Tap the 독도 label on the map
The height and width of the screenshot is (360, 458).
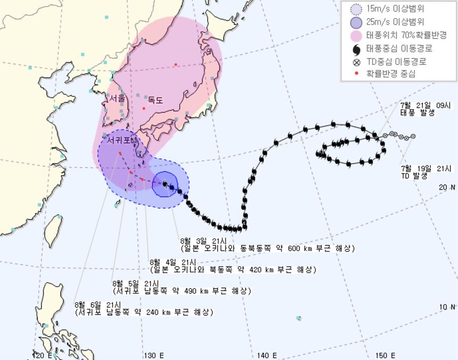[155, 99]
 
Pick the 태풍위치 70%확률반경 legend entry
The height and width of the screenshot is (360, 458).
[405, 35]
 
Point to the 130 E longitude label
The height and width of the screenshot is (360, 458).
[154, 355]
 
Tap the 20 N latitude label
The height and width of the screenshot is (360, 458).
[448, 187]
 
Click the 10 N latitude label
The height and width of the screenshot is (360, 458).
[448, 307]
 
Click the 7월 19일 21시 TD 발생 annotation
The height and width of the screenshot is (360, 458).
[418, 172]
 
